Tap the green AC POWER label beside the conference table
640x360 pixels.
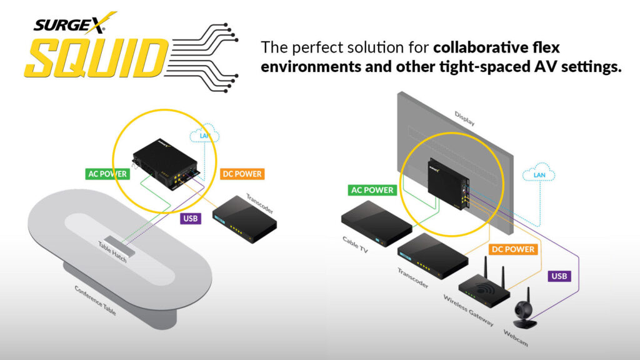(107, 174)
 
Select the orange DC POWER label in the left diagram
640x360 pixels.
(242, 174)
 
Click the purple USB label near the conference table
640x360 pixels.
(191, 218)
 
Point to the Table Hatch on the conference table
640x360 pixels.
(119, 246)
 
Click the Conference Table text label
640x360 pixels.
(96, 301)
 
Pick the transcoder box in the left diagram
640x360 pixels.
(244, 219)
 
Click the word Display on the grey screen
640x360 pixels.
(464, 119)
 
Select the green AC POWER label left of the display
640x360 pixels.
(372, 190)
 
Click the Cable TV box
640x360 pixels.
(376, 224)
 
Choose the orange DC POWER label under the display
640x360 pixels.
(513, 249)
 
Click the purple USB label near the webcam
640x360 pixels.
(559, 276)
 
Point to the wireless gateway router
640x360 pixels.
(484, 286)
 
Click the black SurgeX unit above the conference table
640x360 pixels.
(165, 164)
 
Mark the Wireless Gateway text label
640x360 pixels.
(469, 311)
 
